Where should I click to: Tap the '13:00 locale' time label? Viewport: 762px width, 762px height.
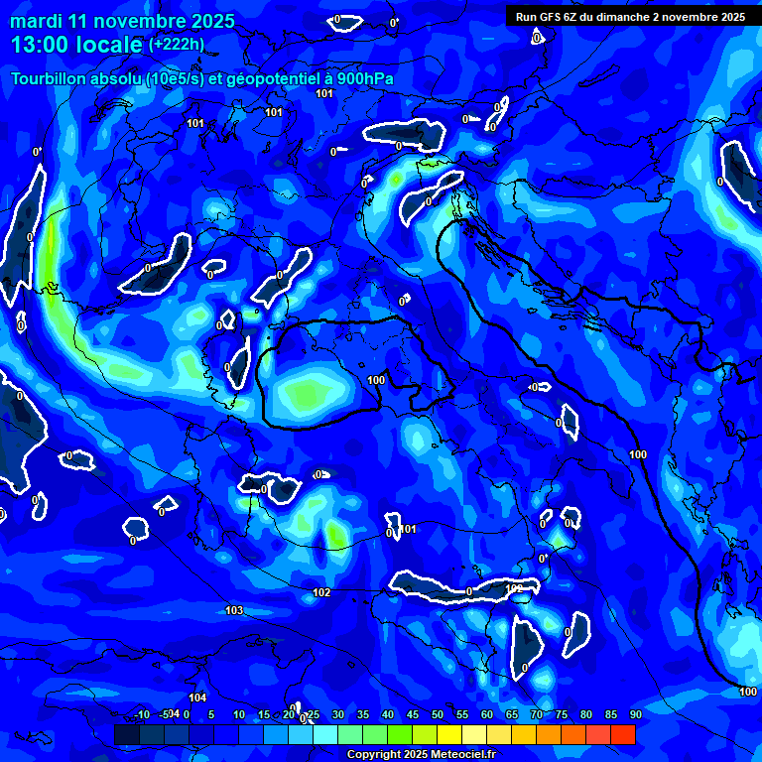(x=75, y=45)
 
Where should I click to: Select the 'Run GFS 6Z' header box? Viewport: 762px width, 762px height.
(x=631, y=17)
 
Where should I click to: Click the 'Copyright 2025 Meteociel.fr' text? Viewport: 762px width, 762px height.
(x=421, y=755)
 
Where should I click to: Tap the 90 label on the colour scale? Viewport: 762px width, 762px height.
(x=635, y=714)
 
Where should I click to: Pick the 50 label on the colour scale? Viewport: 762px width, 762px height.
(x=437, y=714)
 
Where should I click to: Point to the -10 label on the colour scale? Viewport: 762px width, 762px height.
(x=141, y=714)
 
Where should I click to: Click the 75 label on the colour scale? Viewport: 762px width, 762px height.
(x=561, y=714)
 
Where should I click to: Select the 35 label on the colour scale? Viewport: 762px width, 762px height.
(x=362, y=714)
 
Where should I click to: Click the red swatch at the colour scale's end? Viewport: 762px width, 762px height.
(x=623, y=734)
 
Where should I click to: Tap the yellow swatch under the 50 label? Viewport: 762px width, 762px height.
(x=449, y=734)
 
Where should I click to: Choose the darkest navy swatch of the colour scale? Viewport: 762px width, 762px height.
(x=127, y=734)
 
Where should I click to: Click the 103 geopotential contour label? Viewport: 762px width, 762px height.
(x=234, y=610)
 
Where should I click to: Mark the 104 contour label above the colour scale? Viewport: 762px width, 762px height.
(x=198, y=698)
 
